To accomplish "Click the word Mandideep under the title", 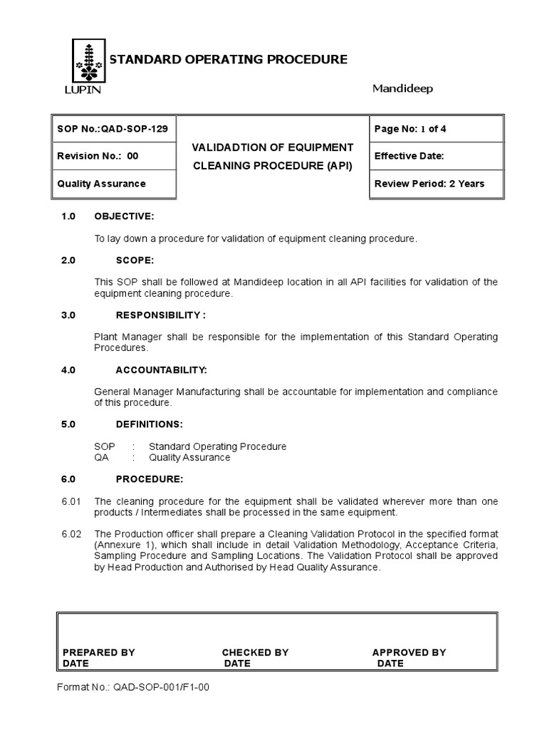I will [x=402, y=88].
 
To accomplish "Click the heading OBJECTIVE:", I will [x=125, y=216].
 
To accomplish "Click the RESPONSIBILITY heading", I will [x=161, y=315].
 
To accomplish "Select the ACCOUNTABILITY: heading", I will [x=161, y=370].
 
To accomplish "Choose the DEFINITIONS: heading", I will [x=149, y=424].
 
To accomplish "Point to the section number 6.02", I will [x=71, y=534].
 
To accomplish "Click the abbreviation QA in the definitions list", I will [x=101, y=458].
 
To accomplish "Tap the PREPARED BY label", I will [x=98, y=652].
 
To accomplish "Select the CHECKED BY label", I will [x=255, y=652].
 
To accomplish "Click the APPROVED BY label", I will [x=409, y=652].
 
